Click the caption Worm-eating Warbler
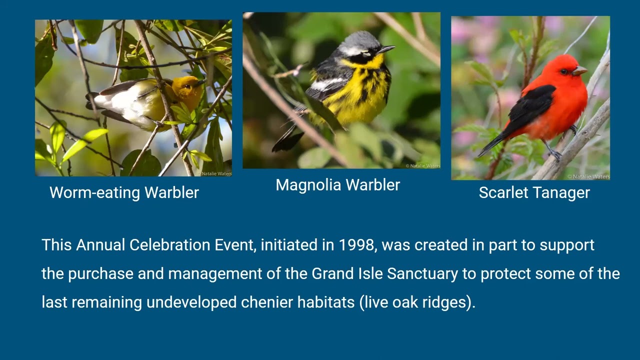click(124, 193)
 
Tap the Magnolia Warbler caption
click(337, 185)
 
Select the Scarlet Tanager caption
click(534, 193)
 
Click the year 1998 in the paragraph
click(356, 245)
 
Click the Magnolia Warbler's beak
click(386, 49)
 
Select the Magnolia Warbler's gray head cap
click(359, 40)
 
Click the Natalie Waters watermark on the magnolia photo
click(422, 165)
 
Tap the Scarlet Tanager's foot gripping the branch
click(554, 154)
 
